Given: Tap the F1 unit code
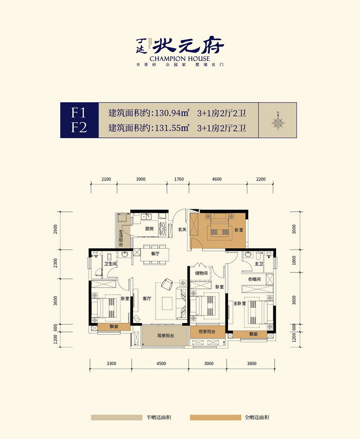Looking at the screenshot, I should (79, 112).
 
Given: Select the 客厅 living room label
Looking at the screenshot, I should (147, 299).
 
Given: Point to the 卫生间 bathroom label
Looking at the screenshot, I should (111, 264).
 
